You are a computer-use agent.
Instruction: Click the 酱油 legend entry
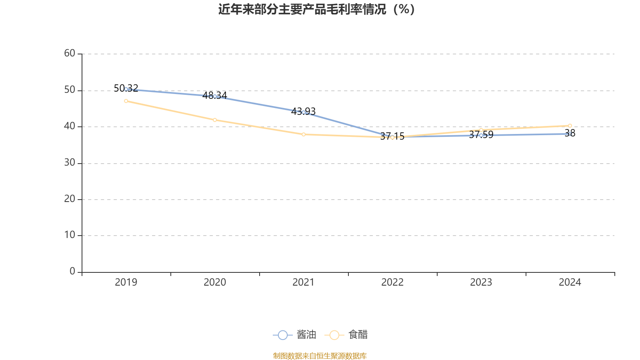point(295,335)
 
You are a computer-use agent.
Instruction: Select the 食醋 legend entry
point(346,335)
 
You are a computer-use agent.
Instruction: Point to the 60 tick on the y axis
point(70,53)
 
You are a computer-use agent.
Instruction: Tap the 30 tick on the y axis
point(70,162)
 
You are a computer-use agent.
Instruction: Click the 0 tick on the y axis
point(72,271)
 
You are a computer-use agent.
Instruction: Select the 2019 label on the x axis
point(126,282)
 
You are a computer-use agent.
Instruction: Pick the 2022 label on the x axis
point(392,282)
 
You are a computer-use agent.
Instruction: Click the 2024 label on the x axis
point(570,282)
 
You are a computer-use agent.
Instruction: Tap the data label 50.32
point(126,88)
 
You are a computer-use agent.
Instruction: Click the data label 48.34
point(215,95)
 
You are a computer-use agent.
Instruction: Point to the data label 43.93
point(303,111)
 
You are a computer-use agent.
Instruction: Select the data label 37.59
point(481,135)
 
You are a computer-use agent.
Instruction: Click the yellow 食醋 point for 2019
point(126,101)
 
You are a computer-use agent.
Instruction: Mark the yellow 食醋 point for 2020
point(215,120)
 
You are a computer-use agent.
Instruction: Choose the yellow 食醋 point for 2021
point(304,134)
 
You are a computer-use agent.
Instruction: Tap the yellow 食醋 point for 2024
point(570,126)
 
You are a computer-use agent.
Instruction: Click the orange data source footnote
point(320,356)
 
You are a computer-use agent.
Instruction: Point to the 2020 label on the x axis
point(215,282)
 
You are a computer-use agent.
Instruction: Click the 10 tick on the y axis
point(70,235)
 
